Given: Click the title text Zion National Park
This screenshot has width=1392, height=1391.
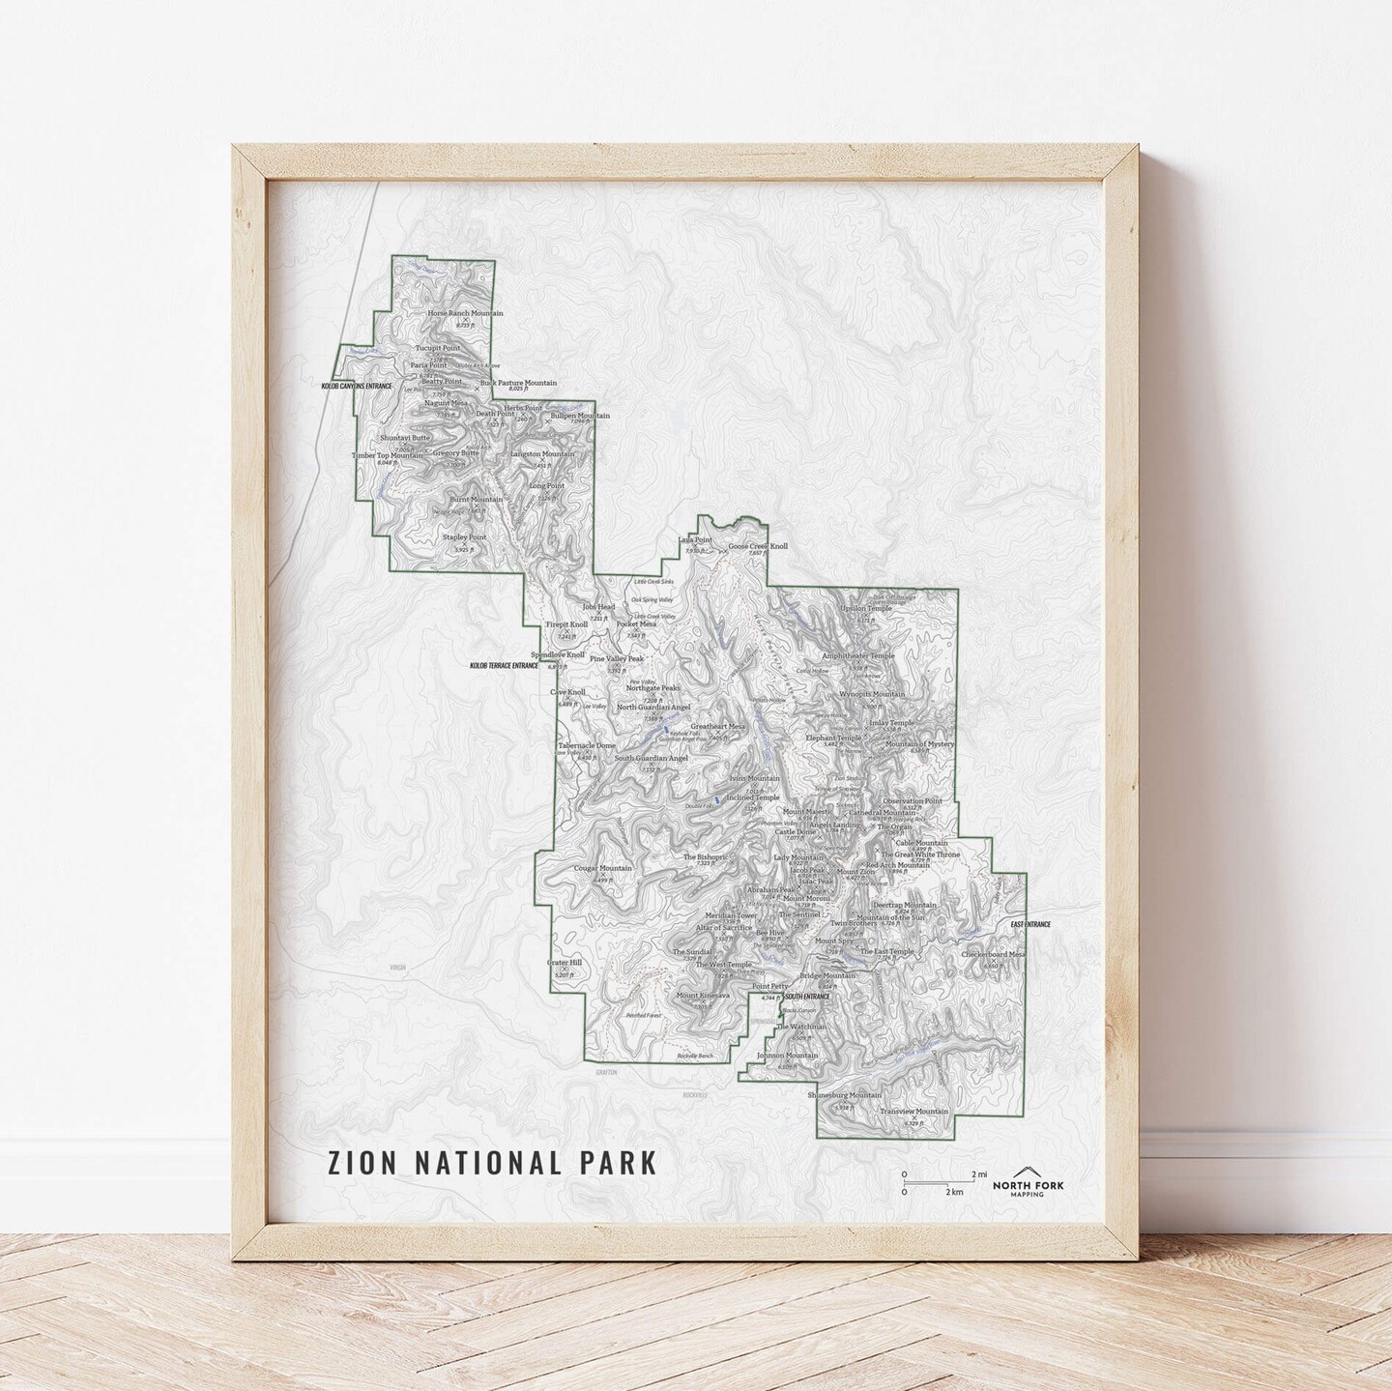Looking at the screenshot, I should [493, 1161].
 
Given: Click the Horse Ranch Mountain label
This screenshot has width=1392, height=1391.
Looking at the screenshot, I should [466, 314].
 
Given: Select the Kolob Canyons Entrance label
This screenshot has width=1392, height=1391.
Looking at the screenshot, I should [357, 386].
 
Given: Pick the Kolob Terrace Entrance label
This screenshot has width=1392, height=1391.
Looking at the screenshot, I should [504, 666].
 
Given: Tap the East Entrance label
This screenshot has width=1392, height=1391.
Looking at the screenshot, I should [1029, 925].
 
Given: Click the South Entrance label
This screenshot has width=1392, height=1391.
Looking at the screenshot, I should [807, 996].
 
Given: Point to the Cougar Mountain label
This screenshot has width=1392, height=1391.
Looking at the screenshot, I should [602, 868].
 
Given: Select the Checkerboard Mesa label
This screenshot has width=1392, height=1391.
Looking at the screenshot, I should [993, 954].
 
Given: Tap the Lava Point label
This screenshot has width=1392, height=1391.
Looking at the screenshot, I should [695, 540].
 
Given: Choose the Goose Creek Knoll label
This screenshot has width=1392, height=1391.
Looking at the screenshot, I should [758, 546].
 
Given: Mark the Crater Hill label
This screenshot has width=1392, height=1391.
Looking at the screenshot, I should [564, 963].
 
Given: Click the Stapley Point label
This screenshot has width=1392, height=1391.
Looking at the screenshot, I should [464, 536].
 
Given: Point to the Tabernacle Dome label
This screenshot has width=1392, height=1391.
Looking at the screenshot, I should [586, 746].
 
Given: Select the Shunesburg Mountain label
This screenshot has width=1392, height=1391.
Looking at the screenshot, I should [844, 1095].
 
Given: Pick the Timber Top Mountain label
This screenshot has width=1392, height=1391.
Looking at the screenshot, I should [387, 454].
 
